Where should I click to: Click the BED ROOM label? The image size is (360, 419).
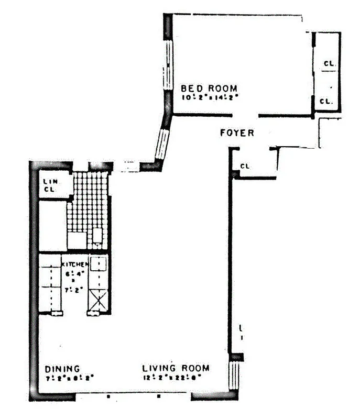[209, 88]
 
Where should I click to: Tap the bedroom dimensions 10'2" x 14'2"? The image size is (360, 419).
[210, 97]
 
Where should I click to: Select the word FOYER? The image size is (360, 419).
[236, 134]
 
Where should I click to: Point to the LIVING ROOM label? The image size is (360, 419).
[176, 368]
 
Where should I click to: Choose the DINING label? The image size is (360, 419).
[62, 368]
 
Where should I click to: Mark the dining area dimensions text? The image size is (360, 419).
[69, 377]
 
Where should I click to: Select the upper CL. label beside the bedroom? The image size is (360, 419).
[329, 64]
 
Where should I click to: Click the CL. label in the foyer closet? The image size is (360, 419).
[245, 167]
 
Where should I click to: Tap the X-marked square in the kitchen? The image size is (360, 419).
[98, 300]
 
